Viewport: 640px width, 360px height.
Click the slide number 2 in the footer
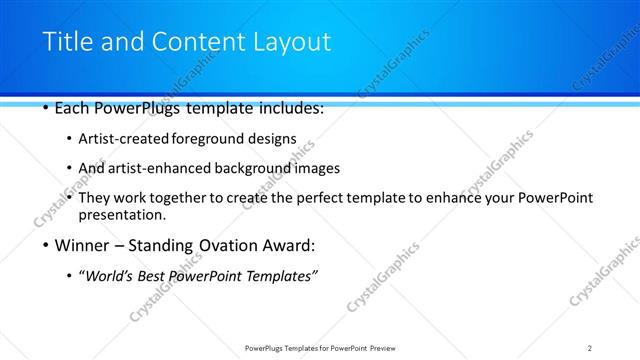click(590, 348)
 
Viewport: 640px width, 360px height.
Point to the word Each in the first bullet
click(72, 108)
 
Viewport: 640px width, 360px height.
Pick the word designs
click(275, 138)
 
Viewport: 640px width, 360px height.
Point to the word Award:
click(290, 245)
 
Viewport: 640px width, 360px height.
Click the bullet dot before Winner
click(46, 246)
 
